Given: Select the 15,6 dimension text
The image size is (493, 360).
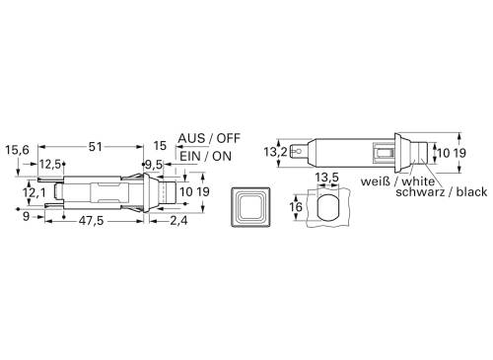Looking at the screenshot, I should coord(18,150).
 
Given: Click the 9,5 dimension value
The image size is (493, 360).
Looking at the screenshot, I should coord(155,164).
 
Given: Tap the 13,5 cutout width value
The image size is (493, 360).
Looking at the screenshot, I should coord(326,178).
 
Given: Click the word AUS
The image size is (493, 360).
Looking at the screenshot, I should coord(192,139).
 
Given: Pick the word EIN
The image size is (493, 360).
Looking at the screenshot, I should coord(191,156).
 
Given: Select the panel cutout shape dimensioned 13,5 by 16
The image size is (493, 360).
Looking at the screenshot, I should coord(326,207).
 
